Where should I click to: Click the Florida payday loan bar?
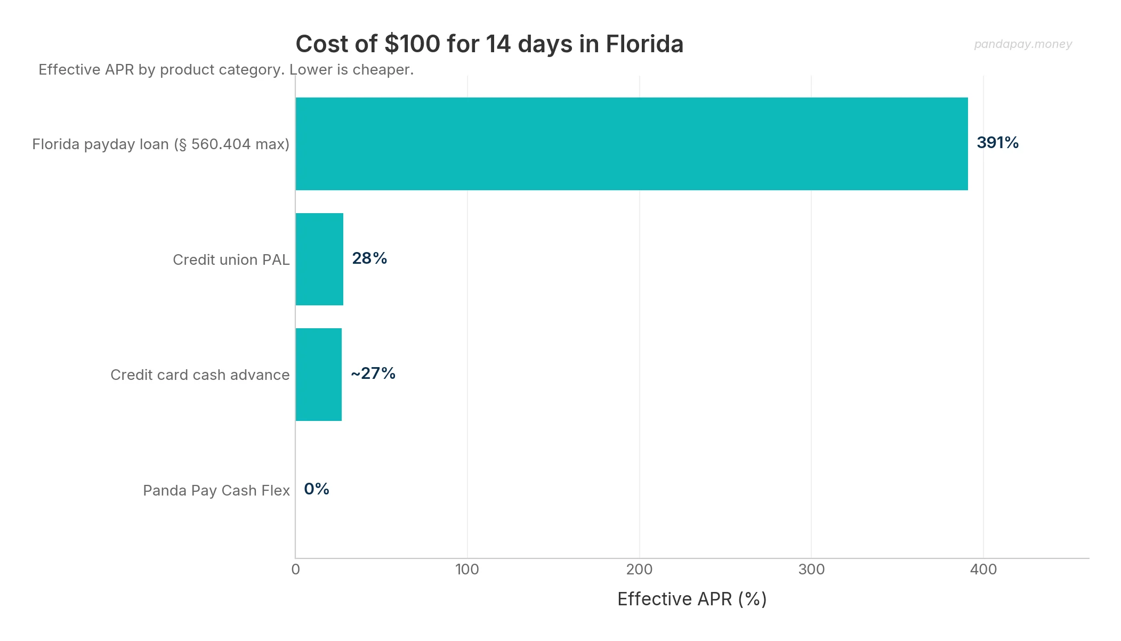pos(632,144)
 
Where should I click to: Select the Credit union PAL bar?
pos(319,259)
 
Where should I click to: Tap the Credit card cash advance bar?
pos(319,375)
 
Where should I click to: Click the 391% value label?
pos(997,143)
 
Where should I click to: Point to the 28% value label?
pos(369,258)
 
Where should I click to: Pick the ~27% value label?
pos(373,374)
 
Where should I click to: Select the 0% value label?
pos(317,489)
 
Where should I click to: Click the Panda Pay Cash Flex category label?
pos(216,491)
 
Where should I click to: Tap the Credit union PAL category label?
pos(231,260)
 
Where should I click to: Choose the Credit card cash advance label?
pos(200,375)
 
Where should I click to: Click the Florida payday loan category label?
pos(160,144)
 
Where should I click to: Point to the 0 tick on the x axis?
pos(296,570)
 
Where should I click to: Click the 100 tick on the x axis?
pos(467,570)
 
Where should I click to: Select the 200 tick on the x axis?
pos(639,570)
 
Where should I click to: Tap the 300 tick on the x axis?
pos(811,570)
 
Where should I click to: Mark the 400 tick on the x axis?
pos(983,570)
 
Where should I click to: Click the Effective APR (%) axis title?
pos(692,599)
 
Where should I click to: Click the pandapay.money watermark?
pos(1022,44)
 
